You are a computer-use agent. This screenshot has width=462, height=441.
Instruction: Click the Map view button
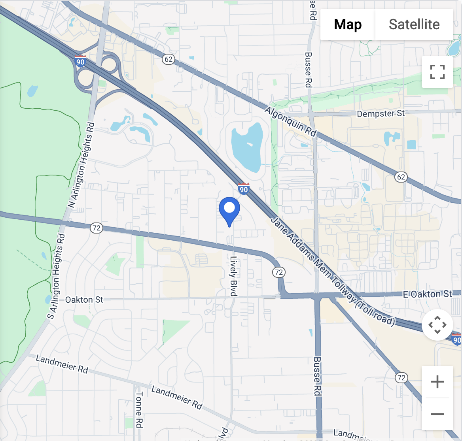point(348,24)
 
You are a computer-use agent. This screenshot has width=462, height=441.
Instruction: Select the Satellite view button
point(414,24)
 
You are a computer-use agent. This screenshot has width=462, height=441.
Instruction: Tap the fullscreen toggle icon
point(437,72)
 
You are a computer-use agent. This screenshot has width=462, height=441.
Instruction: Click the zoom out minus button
point(437,414)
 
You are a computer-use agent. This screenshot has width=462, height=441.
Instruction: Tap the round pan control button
point(437,325)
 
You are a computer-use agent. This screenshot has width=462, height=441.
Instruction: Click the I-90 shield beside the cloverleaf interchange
point(80,62)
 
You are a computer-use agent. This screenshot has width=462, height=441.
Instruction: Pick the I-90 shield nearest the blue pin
point(244,189)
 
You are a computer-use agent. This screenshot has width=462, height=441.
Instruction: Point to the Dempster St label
point(381,114)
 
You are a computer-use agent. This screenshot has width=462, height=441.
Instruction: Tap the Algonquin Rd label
point(290,122)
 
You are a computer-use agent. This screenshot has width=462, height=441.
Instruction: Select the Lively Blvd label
point(233,276)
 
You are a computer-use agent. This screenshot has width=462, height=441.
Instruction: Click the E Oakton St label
point(427,294)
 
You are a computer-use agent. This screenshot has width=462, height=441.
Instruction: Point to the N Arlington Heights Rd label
point(81,166)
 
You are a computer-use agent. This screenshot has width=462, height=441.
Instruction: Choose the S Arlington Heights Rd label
point(56,277)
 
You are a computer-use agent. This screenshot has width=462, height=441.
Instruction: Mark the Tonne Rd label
point(139,409)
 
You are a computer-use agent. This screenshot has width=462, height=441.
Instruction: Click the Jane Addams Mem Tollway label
point(332,271)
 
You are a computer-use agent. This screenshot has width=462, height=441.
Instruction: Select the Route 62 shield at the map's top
point(169,59)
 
